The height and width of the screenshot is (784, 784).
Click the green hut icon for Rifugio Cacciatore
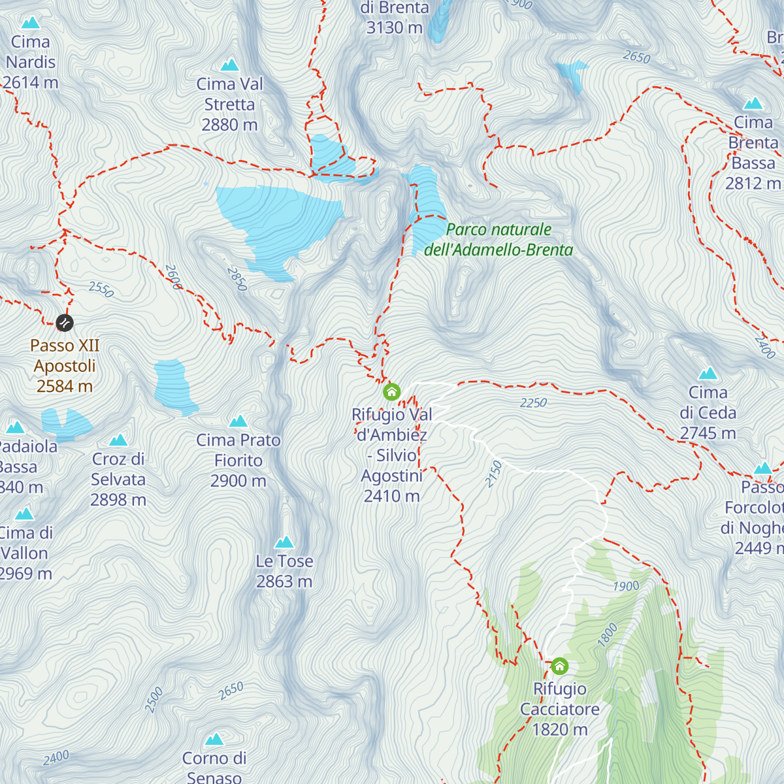tap(559, 666)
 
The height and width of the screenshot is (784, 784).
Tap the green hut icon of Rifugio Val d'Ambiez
tap(391, 392)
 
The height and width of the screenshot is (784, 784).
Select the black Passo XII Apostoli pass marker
tap(65, 323)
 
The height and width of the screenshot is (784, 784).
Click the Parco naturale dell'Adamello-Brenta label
tap(498, 240)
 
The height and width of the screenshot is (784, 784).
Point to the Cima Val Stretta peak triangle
tap(229, 65)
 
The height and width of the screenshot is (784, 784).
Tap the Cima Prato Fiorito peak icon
tap(238, 421)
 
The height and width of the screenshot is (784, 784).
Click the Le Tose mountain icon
tap(284, 542)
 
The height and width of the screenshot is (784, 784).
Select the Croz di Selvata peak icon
tap(118, 440)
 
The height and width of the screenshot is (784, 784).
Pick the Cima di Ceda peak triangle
tap(708, 374)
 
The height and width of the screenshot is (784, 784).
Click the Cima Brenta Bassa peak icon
tap(753, 103)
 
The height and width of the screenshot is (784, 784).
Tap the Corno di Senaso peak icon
tap(214, 740)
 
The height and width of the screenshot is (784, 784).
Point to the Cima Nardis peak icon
tap(30, 24)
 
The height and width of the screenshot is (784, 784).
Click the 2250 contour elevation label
tap(533, 403)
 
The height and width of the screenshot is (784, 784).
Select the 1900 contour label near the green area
tap(626, 586)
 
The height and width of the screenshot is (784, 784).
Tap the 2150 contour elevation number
tap(494, 474)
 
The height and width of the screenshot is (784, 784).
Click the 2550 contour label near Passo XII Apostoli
tap(101, 289)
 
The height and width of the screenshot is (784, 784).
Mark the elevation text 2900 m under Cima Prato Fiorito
tap(238, 482)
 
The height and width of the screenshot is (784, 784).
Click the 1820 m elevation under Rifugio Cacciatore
tap(560, 730)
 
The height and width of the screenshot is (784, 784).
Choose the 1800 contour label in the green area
tap(607, 635)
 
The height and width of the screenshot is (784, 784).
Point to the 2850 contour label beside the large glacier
tap(237, 279)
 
